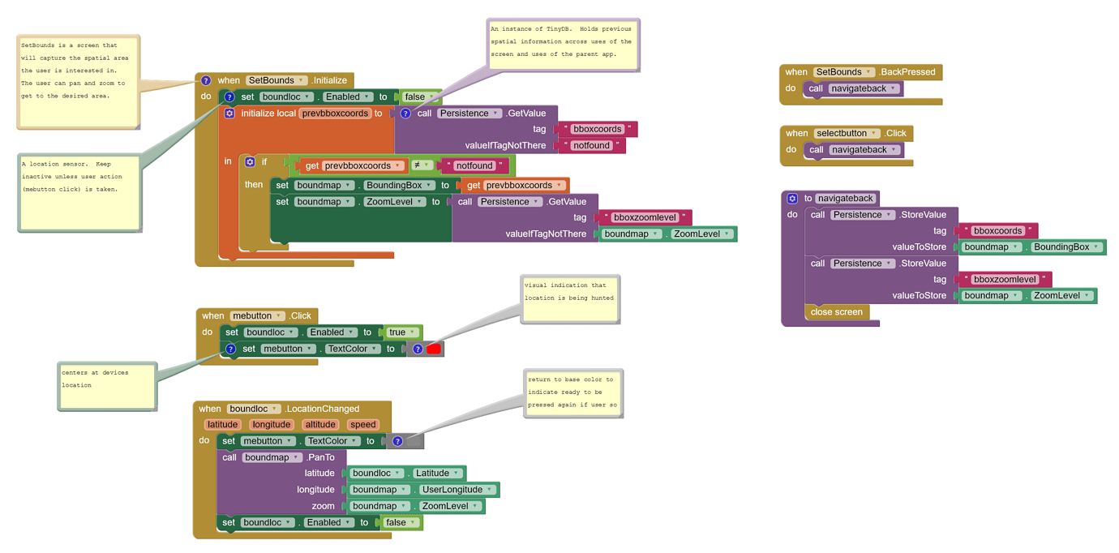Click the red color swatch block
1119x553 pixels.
point(434,349)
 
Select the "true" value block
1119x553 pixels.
point(397,332)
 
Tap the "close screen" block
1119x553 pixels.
point(837,312)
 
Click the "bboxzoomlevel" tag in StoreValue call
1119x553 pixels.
point(1004,280)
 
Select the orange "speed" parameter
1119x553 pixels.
point(362,425)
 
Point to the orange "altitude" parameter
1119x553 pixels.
point(319,425)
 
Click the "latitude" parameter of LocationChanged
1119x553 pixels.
point(222,425)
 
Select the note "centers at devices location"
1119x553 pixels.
point(106,385)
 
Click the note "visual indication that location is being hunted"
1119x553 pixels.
point(570,298)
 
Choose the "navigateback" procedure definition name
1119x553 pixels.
point(845,199)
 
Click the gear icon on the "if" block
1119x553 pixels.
point(250,162)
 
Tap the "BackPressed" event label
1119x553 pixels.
point(907,72)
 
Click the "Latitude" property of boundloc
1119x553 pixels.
point(437,474)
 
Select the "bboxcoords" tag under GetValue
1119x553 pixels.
point(597,130)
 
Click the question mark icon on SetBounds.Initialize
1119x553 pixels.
point(206,80)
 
